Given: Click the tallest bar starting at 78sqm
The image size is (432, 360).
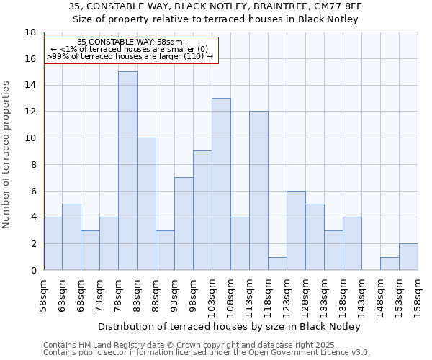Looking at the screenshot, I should point(127,171).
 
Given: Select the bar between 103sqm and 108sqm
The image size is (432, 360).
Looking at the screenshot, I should point(221,184).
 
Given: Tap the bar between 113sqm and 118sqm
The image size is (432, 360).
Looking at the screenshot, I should point(258,191).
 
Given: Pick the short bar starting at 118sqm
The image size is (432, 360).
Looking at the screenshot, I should point(277,264).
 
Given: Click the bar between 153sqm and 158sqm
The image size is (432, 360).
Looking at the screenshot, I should point(408,257).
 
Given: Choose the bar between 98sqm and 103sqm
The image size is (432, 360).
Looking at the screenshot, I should point(202,210).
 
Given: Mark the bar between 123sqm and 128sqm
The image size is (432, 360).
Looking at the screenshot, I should point(296,230).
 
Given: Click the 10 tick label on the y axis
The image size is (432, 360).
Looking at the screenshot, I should point(30,138).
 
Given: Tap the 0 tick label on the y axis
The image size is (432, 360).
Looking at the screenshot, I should point(33,270).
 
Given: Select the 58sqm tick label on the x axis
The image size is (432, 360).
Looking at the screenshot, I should point(44,294).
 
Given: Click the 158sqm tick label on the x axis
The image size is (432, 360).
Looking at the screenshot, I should point(418,296).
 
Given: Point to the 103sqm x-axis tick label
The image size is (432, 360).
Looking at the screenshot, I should point(212,296).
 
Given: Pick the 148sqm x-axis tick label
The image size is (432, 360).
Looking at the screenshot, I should point(381,296).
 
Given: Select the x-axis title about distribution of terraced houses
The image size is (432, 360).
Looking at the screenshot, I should point(228,326).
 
